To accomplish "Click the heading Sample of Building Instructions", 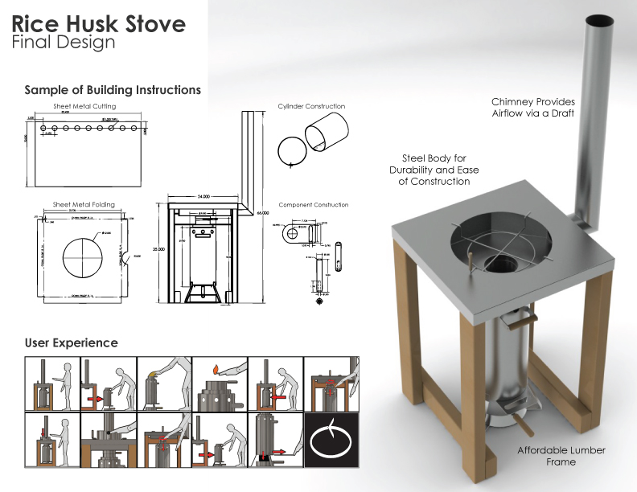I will coord(113,90).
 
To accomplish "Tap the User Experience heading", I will coord(71,342).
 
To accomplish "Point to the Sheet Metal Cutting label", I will coord(84,106).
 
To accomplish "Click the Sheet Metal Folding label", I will coord(84,205).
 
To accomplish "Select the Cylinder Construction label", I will coord(311,106).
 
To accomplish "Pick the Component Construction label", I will coord(313,205).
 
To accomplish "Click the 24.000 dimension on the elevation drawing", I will coord(203,195).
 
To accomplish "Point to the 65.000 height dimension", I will coord(261,214).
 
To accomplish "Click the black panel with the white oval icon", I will coord(331,441).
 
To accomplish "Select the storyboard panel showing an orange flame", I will coord(220,383).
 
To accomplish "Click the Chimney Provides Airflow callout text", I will coord(533,108).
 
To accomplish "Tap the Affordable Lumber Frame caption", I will coord(561,456).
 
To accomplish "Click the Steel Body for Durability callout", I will coord(434,170).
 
